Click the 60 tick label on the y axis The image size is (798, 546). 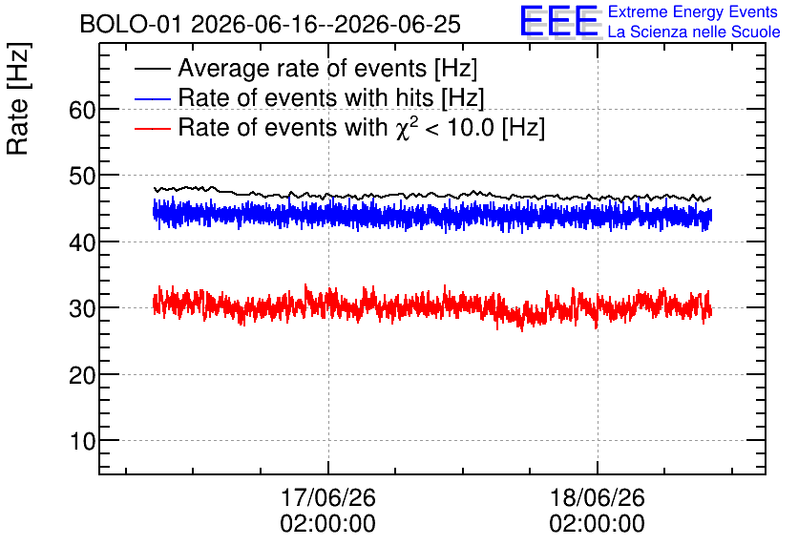82,110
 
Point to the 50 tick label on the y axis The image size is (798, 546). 82,176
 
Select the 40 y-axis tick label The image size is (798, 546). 82,242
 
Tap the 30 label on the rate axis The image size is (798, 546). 82,308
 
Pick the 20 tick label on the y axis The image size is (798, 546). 82,375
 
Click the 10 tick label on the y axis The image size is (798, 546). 82,441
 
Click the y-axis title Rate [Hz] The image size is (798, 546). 18,98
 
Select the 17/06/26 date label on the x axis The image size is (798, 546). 328,497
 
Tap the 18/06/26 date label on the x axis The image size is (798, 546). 597,497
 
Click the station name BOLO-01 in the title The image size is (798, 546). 130,24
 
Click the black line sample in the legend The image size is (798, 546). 152,69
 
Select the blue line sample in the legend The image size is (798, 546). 152,98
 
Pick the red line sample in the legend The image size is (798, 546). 152,128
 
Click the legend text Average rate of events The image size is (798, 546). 303,68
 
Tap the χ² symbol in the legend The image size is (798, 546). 404,128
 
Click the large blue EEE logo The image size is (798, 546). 560,22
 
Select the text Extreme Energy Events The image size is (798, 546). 693,11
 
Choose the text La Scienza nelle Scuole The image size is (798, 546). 694,32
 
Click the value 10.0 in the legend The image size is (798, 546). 471,127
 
